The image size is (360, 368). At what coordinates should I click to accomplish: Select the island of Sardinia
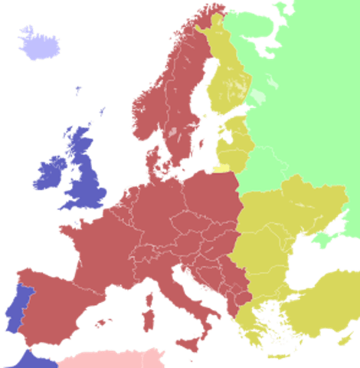point(149,315)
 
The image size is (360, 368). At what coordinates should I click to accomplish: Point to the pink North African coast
point(115,359)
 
